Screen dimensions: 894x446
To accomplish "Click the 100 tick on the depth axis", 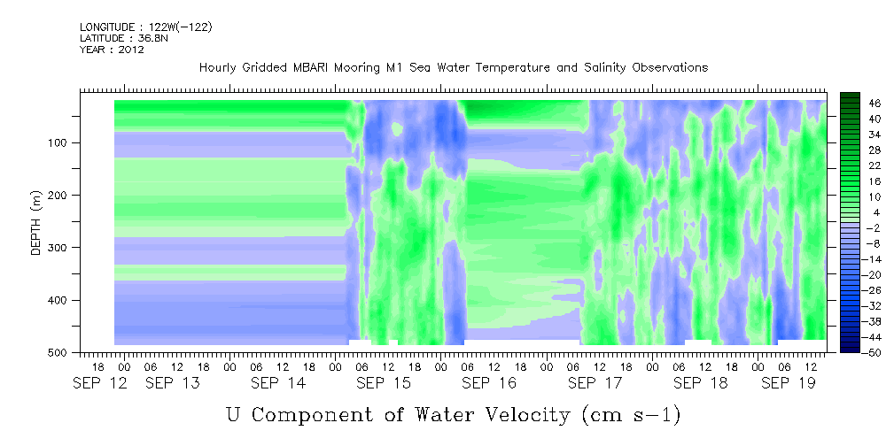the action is pos(60,142).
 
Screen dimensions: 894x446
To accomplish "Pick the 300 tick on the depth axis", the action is pos(60,247).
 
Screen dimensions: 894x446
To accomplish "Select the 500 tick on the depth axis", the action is pos(60,352).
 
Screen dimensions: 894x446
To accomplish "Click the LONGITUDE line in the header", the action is pos(146,27).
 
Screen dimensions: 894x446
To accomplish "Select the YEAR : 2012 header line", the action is pos(112,50).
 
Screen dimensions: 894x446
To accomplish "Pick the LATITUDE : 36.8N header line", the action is pos(124,38).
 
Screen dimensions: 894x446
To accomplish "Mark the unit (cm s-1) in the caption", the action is pos(632,415).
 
